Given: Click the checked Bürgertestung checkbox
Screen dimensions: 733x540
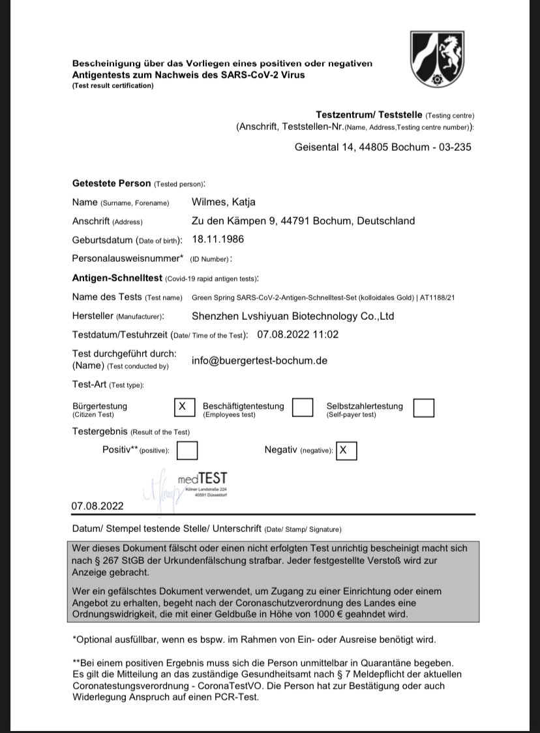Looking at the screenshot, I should coord(183,407).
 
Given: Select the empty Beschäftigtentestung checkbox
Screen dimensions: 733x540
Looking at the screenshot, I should coord(303,407).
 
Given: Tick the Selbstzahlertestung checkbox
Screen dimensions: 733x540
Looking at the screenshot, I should coord(424,407).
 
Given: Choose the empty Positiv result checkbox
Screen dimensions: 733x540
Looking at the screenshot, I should coord(187,450).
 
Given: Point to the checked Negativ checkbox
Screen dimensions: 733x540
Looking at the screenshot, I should coord(346,450).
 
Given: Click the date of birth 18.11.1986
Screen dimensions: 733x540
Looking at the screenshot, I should coord(218,239).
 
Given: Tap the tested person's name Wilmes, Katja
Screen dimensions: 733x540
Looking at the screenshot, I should coord(223,202).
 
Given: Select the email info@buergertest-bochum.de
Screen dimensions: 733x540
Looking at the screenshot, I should coord(260,360).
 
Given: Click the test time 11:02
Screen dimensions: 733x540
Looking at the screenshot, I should coord(326,335).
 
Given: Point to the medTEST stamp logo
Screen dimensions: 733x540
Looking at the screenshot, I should coord(202,478).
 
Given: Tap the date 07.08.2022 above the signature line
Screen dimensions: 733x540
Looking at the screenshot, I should coord(97,506).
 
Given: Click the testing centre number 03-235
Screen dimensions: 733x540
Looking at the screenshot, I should coord(454,147).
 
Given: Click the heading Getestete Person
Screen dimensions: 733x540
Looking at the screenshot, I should coord(112,183).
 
